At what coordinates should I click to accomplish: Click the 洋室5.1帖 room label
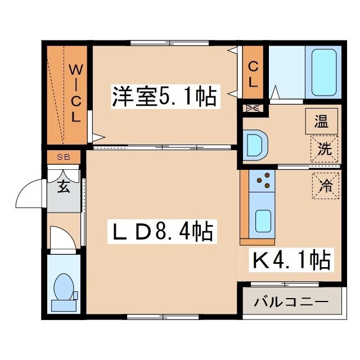pyautogui.click(x=164, y=96)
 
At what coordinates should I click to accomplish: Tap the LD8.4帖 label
pyautogui.click(x=163, y=231)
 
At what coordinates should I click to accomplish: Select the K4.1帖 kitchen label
pyautogui.click(x=291, y=260)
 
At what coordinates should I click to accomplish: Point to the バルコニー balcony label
pyautogui.click(x=291, y=301)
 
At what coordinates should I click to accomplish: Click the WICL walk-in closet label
pyautogui.click(x=76, y=93)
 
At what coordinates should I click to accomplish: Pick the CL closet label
pyautogui.click(x=253, y=74)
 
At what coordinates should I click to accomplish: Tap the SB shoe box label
pyautogui.click(x=64, y=157)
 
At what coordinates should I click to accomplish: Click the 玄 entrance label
pyautogui.click(x=64, y=186)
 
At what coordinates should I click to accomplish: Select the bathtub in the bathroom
pyautogui.click(x=324, y=73)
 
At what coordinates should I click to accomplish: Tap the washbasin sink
pyautogui.click(x=255, y=145)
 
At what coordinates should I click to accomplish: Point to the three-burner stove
pyautogui.click(x=262, y=181)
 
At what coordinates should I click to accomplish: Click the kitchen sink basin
pyautogui.click(x=263, y=221)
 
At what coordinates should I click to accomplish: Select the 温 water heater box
pyautogui.click(x=321, y=121)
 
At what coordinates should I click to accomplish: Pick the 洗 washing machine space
pyautogui.click(x=324, y=148)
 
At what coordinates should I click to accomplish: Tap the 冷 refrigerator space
pyautogui.click(x=326, y=186)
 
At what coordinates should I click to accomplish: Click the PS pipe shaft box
pyautogui.click(x=253, y=108)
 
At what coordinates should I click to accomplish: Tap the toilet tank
pyautogui.click(x=64, y=305)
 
